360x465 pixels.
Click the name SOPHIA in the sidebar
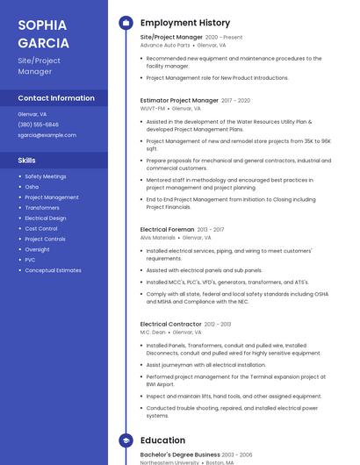coord(37,24)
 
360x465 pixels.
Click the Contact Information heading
coord(56,98)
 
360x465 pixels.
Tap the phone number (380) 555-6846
coord(38,125)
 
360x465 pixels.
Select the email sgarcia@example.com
coord(47,135)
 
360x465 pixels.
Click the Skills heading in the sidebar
coord(27,161)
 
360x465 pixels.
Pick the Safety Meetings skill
coord(45,176)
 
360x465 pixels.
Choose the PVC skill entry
coord(30,260)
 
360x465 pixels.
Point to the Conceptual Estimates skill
coord(53,270)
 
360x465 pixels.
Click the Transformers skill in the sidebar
coord(42,208)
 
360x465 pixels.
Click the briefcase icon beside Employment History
coord(126,23)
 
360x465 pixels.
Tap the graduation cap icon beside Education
coord(126,440)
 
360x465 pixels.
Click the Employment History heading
coord(184,23)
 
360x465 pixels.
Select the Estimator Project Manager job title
coord(179,101)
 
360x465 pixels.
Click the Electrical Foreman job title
coord(167,230)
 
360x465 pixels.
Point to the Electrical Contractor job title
coord(171,325)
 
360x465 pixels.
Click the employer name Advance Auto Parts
coord(164,46)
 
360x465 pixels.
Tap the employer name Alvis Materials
coord(158,238)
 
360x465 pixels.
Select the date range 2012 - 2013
coord(218,325)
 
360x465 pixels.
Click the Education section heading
coord(162,440)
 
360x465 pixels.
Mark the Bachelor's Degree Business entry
coord(180,455)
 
